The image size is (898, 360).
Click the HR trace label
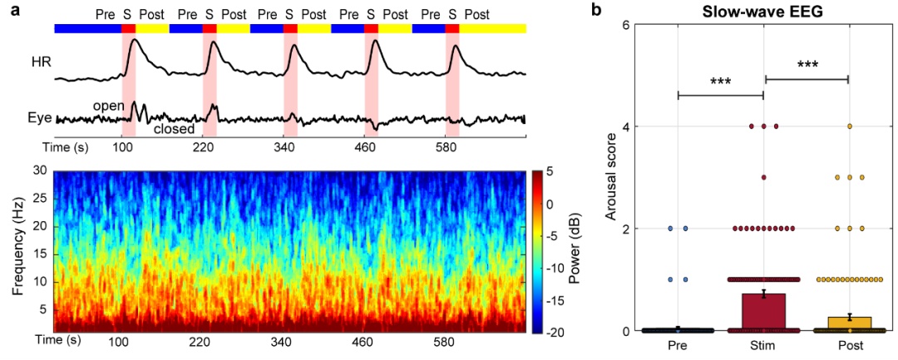[x=40, y=62]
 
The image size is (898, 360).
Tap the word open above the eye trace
[x=108, y=106]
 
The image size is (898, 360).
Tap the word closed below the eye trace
[x=175, y=130]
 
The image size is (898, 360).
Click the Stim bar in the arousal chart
[x=763, y=313]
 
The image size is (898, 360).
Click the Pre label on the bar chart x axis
[x=678, y=344]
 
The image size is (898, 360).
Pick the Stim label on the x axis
[x=763, y=344]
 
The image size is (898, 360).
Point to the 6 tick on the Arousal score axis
[x=624, y=25]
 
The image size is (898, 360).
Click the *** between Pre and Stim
[x=721, y=82]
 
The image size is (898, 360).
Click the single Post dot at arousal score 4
[x=849, y=126]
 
